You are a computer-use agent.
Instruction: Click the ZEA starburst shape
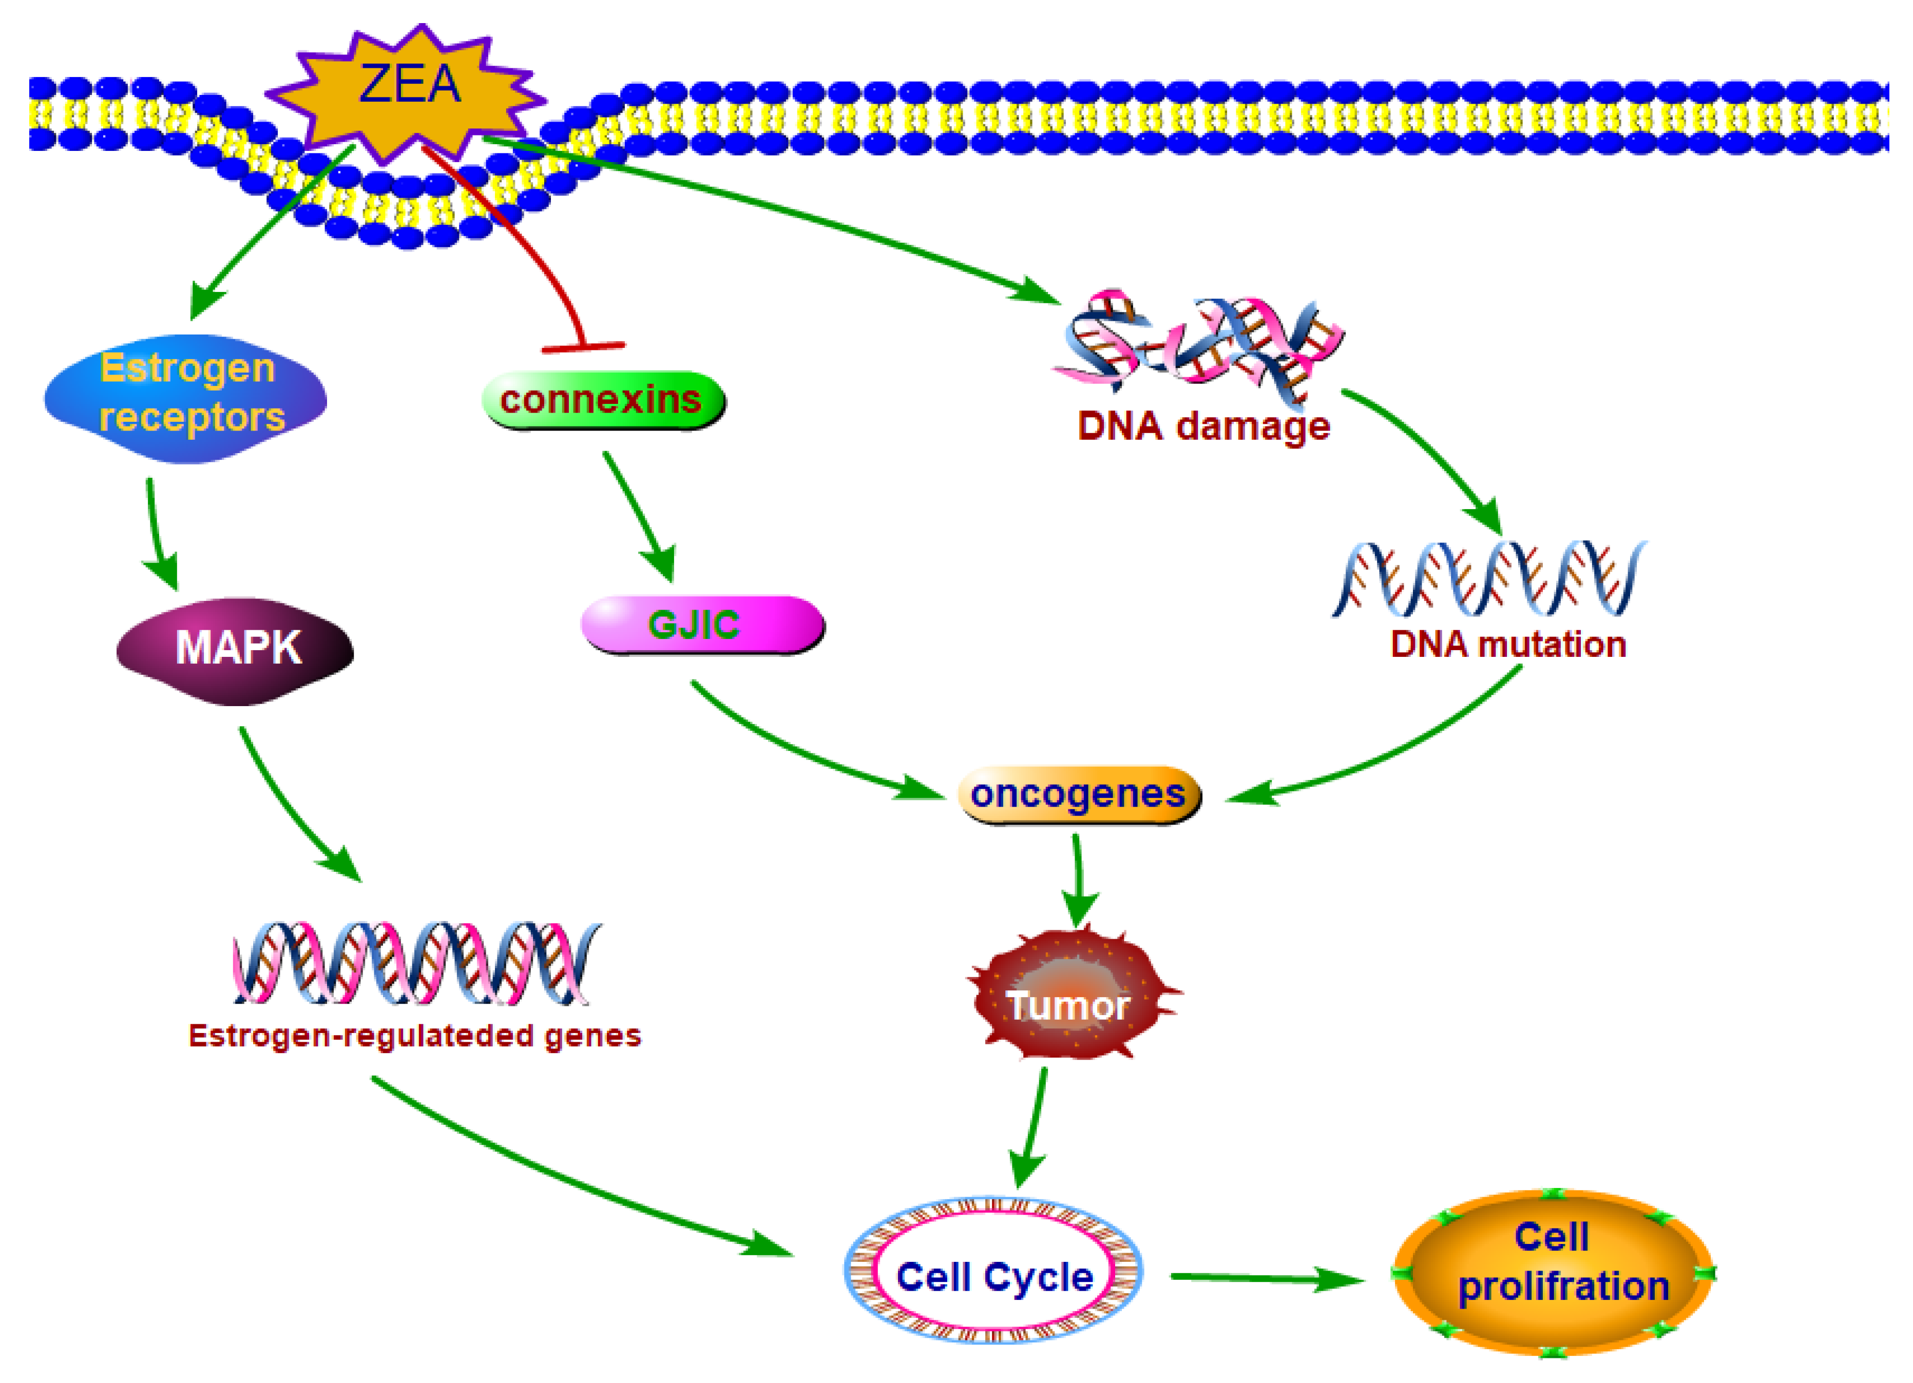tap(409, 89)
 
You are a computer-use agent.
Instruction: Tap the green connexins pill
tap(602, 400)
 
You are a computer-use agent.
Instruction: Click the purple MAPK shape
tap(236, 649)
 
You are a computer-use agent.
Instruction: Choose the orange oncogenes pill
tap(1078, 794)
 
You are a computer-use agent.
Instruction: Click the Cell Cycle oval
tap(993, 1276)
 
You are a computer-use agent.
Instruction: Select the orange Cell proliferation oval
tap(1552, 1272)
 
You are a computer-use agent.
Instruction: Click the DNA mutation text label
tap(1508, 644)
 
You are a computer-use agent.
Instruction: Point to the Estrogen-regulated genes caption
tap(414, 1036)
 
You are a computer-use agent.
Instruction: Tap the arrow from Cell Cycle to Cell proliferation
tap(1265, 1278)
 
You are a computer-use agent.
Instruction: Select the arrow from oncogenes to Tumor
tap(1078, 881)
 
